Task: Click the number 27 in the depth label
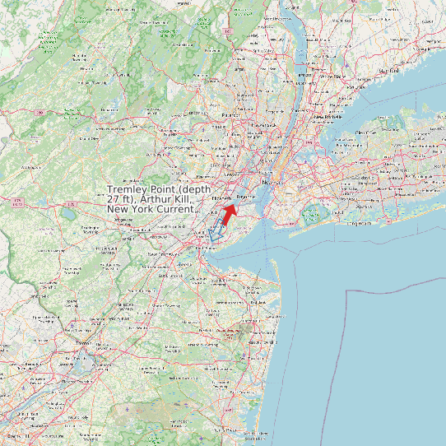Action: pos(114,200)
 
